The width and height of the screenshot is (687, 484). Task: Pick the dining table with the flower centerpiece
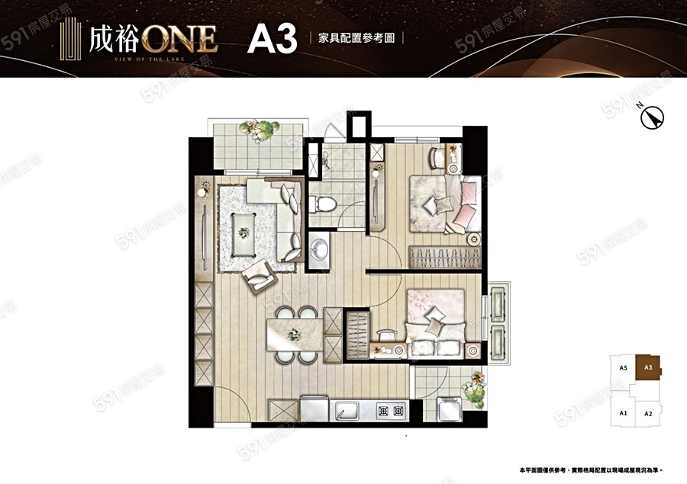point(294,335)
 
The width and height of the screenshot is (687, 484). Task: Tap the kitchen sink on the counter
point(350,412)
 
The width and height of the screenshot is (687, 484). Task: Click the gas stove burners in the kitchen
point(391,412)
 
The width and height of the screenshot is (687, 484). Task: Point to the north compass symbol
point(653,117)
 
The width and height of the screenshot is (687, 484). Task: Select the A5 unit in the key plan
point(623,368)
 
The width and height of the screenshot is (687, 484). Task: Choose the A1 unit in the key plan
point(623,413)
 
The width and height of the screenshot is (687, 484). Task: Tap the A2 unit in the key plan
point(647,413)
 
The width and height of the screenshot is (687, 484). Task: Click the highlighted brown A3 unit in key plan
point(648,368)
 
